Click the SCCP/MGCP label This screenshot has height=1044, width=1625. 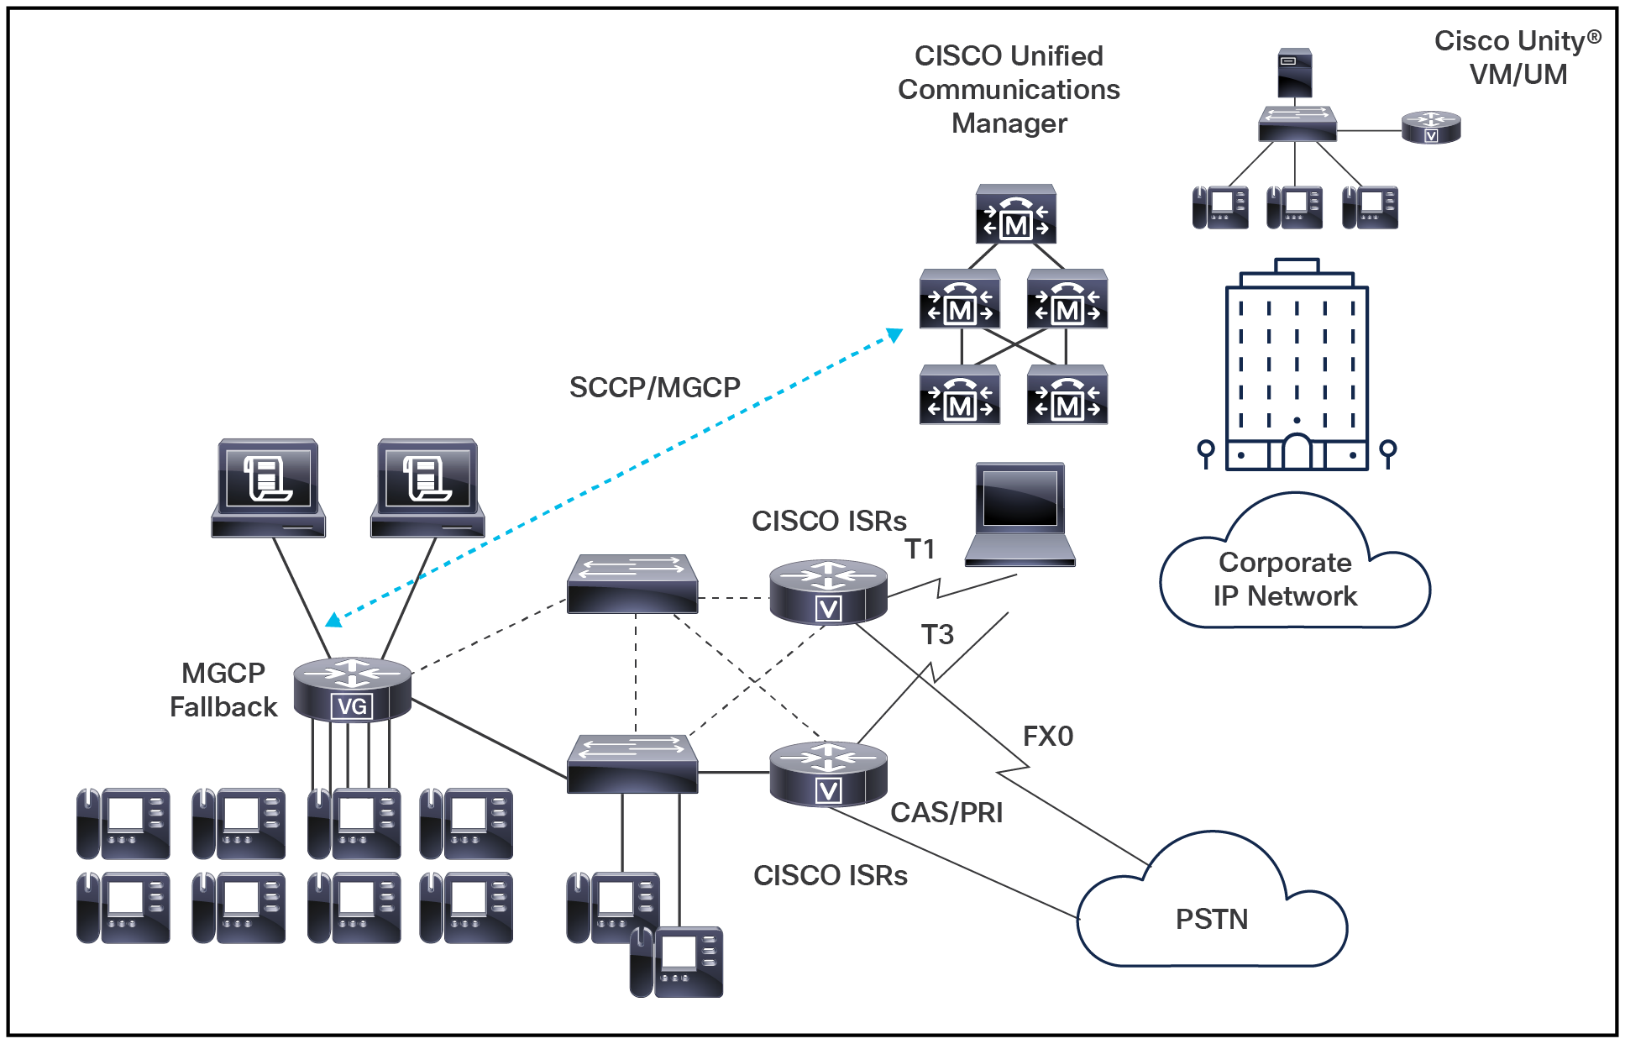point(654,387)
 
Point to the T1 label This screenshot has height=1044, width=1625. point(920,549)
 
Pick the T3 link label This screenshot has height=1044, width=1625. point(937,634)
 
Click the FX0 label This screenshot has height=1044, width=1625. point(1047,737)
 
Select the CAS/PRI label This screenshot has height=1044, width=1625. point(946,812)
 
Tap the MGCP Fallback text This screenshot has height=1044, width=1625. point(223,690)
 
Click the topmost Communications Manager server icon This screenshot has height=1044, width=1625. point(1015,215)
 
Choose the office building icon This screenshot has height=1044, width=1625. point(1297,370)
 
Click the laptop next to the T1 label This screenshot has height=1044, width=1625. point(1020,514)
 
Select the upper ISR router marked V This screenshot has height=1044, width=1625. point(828,591)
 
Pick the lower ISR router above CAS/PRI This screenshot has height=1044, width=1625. point(828,774)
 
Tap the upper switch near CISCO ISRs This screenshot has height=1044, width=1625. point(632,583)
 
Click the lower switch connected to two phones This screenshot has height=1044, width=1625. point(632,763)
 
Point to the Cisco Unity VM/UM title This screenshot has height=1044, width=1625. point(1517,57)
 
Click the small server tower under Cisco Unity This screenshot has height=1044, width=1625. point(1294,74)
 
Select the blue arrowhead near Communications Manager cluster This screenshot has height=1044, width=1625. point(895,335)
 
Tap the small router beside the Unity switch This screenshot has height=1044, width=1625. point(1431,127)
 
